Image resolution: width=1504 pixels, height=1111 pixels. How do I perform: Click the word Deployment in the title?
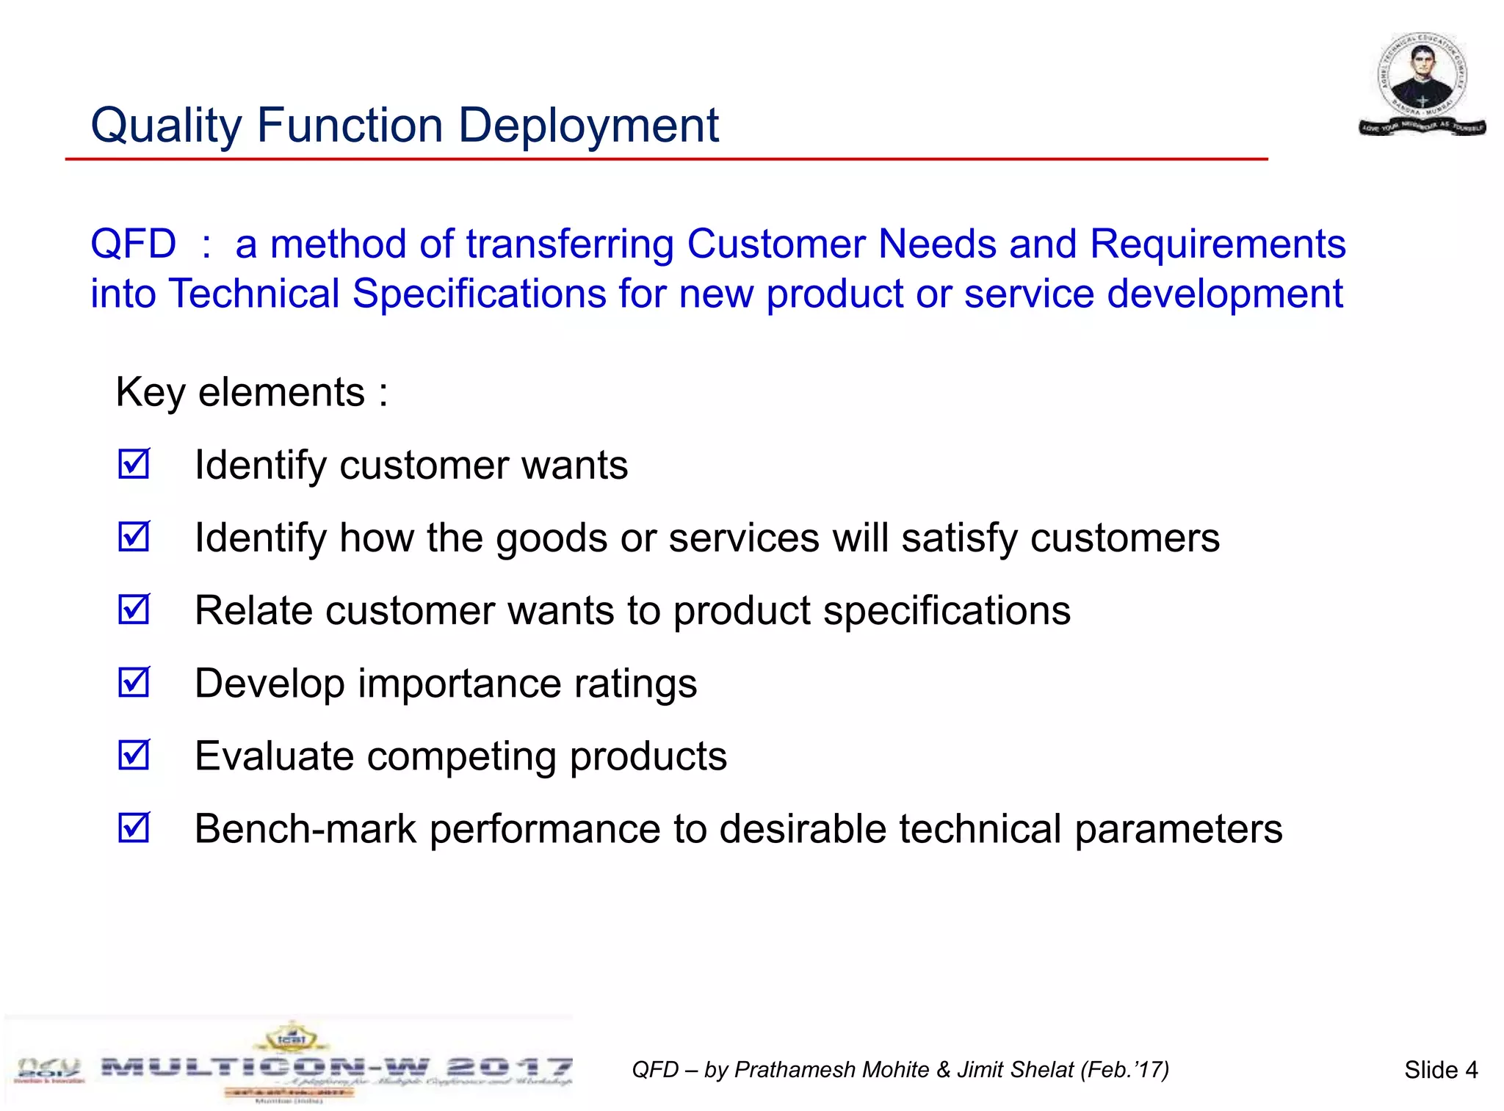588,126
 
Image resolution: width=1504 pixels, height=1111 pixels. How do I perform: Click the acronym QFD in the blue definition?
133,244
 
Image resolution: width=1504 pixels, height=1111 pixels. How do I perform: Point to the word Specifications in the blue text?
479,294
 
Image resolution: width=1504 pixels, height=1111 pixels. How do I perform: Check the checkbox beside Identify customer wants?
134,464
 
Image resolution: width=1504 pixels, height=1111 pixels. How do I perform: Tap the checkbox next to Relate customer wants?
134,609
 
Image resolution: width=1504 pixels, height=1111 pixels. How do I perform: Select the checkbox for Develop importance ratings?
134,682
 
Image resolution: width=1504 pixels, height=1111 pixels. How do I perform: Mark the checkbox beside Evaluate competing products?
134,755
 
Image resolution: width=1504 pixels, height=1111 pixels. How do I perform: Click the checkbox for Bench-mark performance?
134,828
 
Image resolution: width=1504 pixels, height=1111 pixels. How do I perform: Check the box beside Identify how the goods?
134,537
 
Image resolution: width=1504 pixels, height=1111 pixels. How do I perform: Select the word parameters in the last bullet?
1179,829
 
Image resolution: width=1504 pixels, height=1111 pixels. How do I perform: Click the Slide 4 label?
1440,1070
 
